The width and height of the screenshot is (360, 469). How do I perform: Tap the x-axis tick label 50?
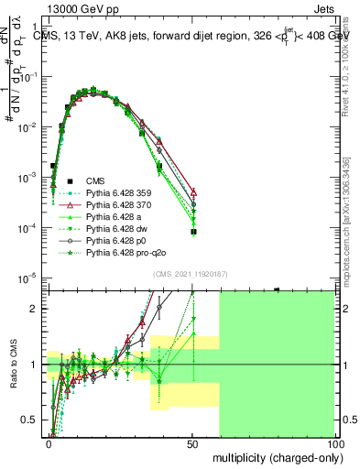[193, 443]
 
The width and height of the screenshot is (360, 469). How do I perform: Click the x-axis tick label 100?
[334, 443]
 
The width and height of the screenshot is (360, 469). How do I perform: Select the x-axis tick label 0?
[49, 443]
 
